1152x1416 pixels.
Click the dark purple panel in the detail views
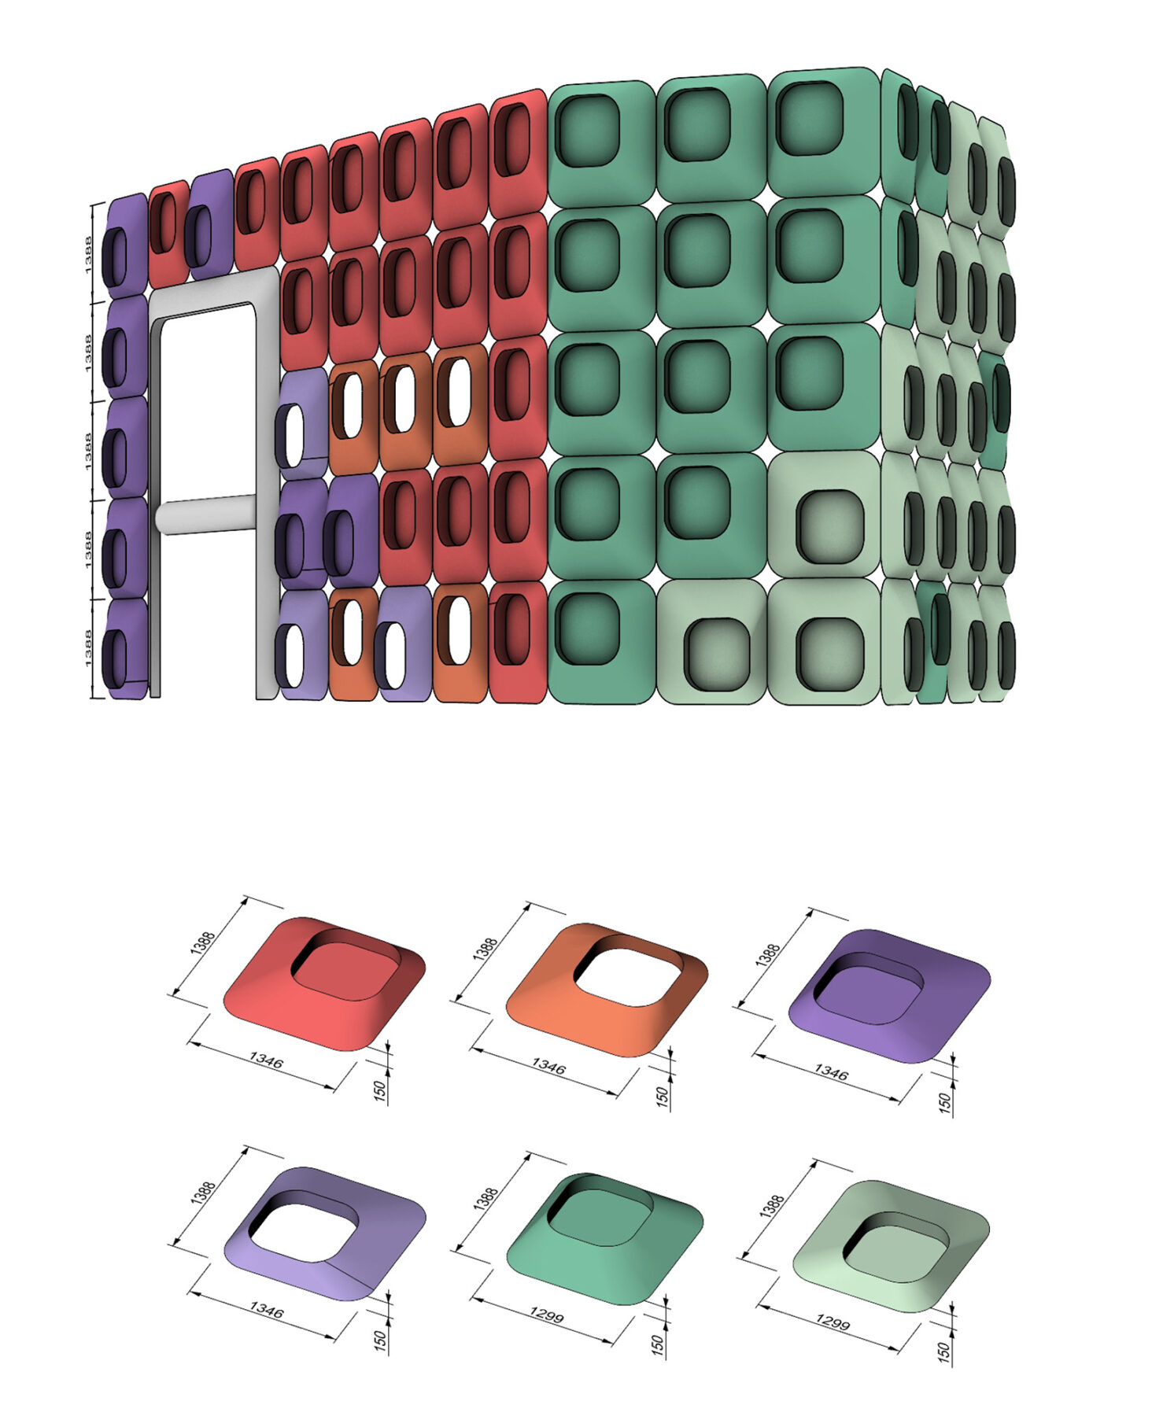click(x=889, y=994)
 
